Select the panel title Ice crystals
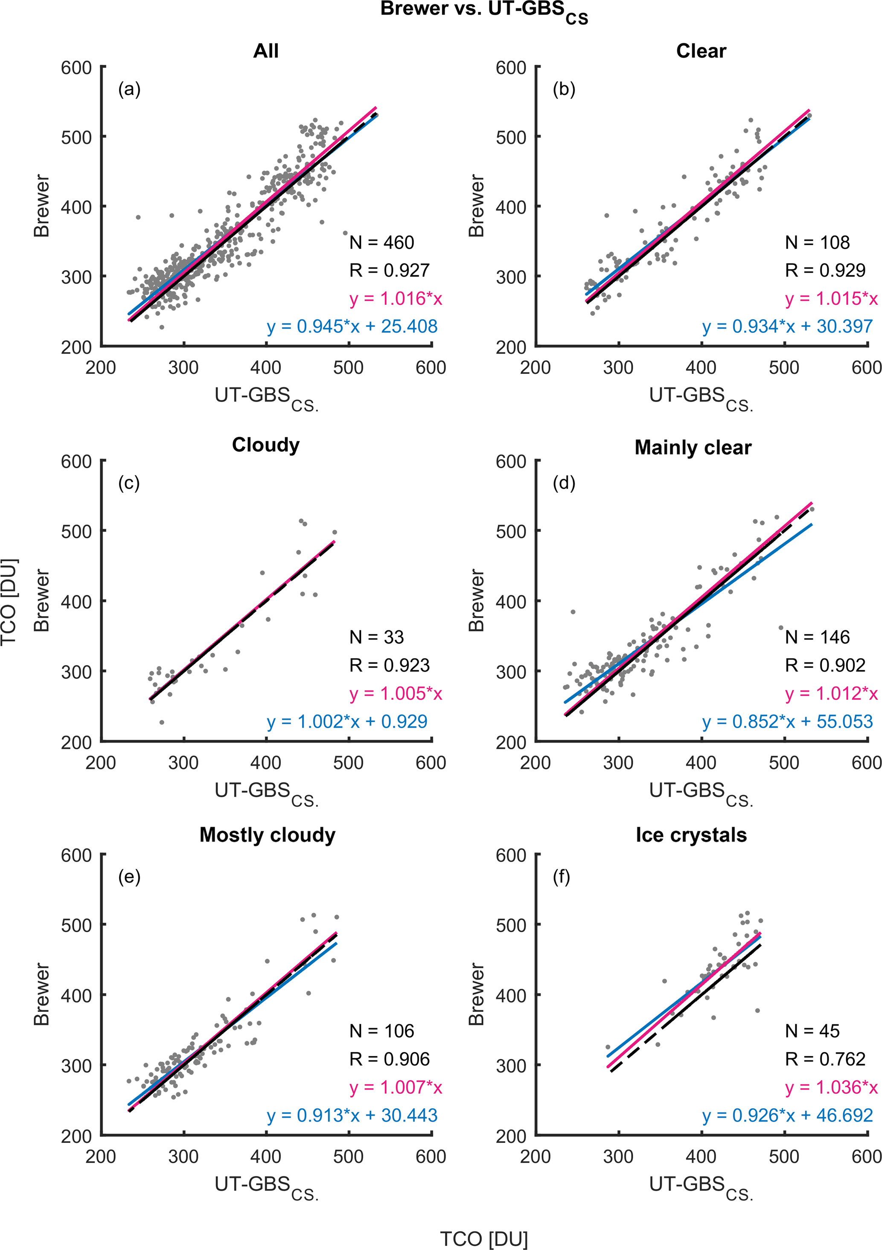tap(691, 835)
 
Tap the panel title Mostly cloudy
tap(267, 835)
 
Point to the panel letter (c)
tap(129, 483)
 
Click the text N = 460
tap(381, 242)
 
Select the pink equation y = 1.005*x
tap(396, 693)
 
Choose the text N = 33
tap(377, 637)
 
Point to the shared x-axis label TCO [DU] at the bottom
tap(483, 1238)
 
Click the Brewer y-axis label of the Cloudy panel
tap(42, 600)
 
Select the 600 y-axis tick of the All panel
tap(76, 68)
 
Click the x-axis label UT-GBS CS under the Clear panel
tap(701, 397)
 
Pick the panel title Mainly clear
tap(693, 448)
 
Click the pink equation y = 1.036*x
tap(831, 1087)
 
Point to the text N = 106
tap(381, 1031)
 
